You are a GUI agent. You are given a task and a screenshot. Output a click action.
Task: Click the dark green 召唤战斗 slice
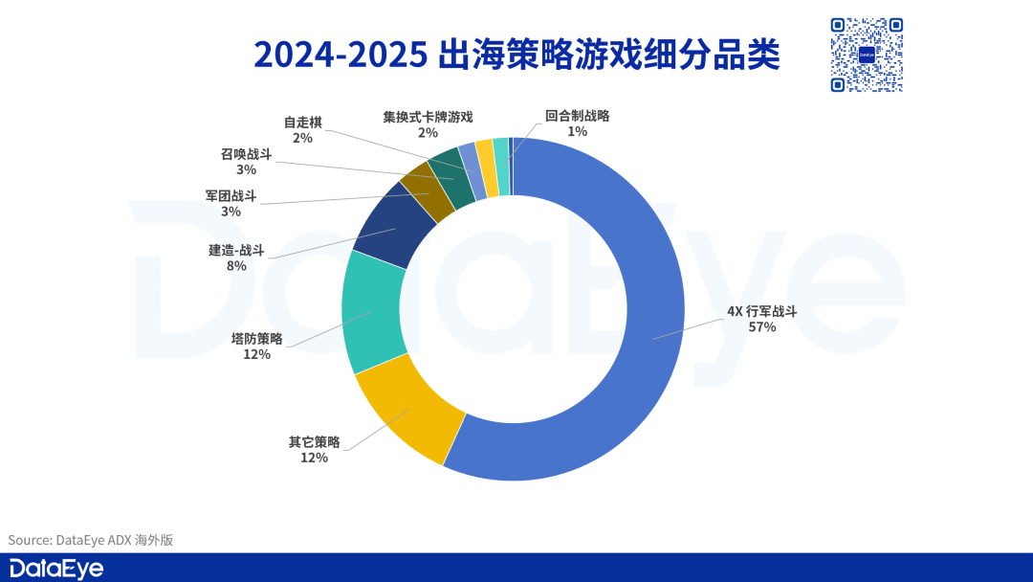coord(448,172)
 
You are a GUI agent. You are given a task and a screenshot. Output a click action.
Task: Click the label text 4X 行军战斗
coord(761,311)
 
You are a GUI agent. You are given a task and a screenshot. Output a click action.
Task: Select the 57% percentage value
coord(761,327)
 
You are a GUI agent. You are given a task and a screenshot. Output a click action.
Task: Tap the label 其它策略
coord(314,441)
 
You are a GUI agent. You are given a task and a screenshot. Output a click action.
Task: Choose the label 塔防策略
coord(256,338)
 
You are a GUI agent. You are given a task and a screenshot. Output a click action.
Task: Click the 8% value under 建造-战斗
coord(236,266)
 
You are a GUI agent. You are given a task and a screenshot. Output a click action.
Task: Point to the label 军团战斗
coord(231,195)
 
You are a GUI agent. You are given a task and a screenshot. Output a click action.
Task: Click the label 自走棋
coord(302,123)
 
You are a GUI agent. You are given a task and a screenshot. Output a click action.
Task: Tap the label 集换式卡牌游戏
coord(428,117)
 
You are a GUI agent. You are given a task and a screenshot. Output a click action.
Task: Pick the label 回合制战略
coord(577,116)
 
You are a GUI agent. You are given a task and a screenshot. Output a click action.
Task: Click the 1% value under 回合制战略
coord(577,132)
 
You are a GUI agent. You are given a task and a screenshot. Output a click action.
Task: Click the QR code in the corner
coord(867,55)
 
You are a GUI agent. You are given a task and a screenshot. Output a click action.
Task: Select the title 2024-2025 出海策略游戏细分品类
coord(516,55)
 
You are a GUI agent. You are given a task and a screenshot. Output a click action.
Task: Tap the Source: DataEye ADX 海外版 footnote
coord(91,540)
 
